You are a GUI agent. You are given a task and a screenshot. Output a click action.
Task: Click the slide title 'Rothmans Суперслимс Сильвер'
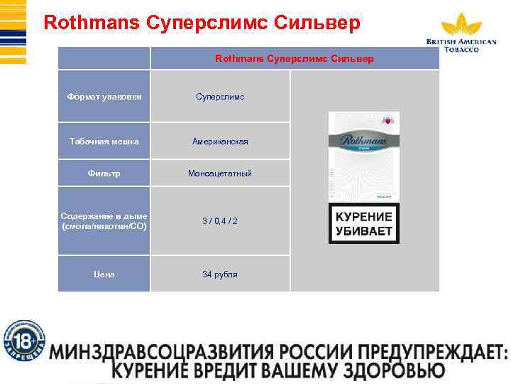click(202, 23)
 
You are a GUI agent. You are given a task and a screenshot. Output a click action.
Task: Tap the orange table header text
click(294, 58)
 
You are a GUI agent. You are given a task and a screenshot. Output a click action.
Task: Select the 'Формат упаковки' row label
click(104, 96)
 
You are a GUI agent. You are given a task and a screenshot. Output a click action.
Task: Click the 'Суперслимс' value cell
click(220, 96)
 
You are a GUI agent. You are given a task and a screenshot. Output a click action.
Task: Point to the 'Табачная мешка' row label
click(104, 142)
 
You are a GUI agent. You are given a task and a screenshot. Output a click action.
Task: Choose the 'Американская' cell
click(220, 142)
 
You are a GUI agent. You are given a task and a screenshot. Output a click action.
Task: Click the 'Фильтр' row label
click(104, 173)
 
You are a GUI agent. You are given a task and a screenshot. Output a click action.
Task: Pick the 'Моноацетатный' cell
click(220, 173)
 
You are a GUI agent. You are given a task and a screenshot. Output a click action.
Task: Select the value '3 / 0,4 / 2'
click(220, 221)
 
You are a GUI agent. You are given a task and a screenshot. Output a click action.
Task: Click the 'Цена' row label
click(104, 274)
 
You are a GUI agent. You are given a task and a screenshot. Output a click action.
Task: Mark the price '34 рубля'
click(220, 274)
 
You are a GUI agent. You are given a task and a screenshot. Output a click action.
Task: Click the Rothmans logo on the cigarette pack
click(363, 142)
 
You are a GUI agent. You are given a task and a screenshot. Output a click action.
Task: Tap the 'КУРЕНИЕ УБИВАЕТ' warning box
click(363, 223)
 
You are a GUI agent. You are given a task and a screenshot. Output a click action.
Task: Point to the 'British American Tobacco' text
click(461, 45)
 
